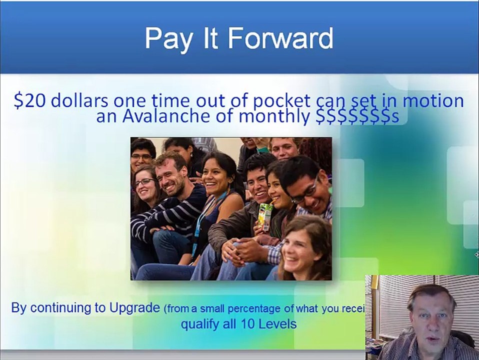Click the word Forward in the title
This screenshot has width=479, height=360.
(x=285, y=39)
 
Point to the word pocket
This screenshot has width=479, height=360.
(x=281, y=100)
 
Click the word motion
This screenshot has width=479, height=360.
(x=433, y=100)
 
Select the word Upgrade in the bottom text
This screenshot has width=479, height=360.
(x=134, y=307)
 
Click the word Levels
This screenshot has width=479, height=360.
(x=278, y=324)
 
